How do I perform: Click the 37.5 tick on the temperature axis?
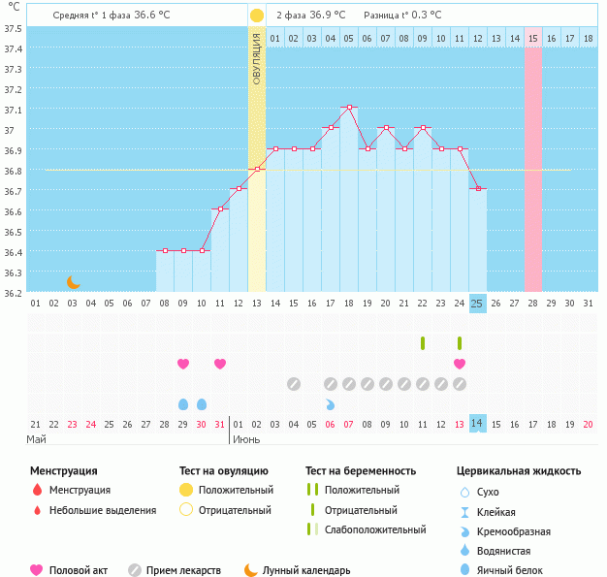coord(13,27)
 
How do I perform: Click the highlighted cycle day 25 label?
coord(477,303)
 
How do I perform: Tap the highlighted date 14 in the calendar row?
coord(477,423)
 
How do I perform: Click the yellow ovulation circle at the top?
coord(256,16)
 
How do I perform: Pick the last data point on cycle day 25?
coord(477,188)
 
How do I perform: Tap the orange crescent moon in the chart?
coord(74,282)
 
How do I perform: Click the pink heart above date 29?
coord(183,364)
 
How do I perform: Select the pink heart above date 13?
coord(460,364)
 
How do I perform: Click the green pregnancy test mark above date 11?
coord(423,342)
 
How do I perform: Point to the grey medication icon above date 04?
coord(294,384)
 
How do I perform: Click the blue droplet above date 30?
coord(202,404)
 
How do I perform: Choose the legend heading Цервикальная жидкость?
coord(519,471)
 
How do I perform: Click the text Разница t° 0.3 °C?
coord(402,16)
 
